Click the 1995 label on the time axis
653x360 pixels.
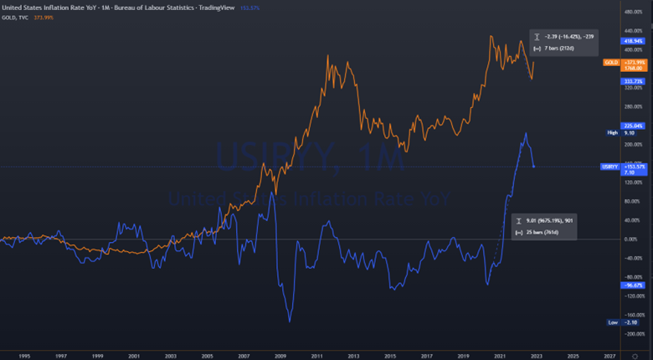24,355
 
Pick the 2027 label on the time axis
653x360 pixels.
610,355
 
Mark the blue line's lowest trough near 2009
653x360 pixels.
290,321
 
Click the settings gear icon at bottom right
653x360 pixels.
634,355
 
